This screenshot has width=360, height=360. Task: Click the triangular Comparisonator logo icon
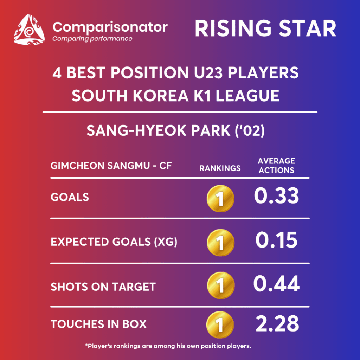pyautogui.click(x=29, y=30)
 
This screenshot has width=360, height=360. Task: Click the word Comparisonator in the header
pyautogui.click(x=110, y=27)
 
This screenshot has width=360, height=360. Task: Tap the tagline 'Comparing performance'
pyautogui.click(x=92, y=39)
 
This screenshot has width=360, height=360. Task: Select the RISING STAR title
pyautogui.click(x=265, y=28)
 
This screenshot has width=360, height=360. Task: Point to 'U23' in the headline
pyautogui.click(x=208, y=73)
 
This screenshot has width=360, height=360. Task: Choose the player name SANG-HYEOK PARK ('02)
pyautogui.click(x=176, y=131)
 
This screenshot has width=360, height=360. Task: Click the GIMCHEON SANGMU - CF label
pyautogui.click(x=111, y=166)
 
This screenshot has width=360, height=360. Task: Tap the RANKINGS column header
pyautogui.click(x=220, y=168)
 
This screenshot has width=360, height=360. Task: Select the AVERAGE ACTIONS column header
pyautogui.click(x=276, y=166)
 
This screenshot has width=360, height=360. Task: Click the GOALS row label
pyautogui.click(x=70, y=197)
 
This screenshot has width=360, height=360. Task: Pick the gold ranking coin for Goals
pyautogui.click(x=220, y=199)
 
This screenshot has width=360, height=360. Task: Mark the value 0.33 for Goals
pyautogui.click(x=276, y=195)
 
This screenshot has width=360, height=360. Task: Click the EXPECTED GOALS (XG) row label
pyautogui.click(x=114, y=242)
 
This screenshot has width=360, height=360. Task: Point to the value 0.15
pyautogui.click(x=276, y=240)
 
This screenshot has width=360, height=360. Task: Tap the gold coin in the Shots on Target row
pyautogui.click(x=221, y=285)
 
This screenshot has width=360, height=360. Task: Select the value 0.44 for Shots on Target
pyautogui.click(x=276, y=284)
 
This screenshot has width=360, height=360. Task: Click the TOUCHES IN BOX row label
pyautogui.click(x=98, y=324)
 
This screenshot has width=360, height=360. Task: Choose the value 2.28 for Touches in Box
pyautogui.click(x=277, y=324)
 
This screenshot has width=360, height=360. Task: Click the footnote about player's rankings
pyautogui.click(x=168, y=346)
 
